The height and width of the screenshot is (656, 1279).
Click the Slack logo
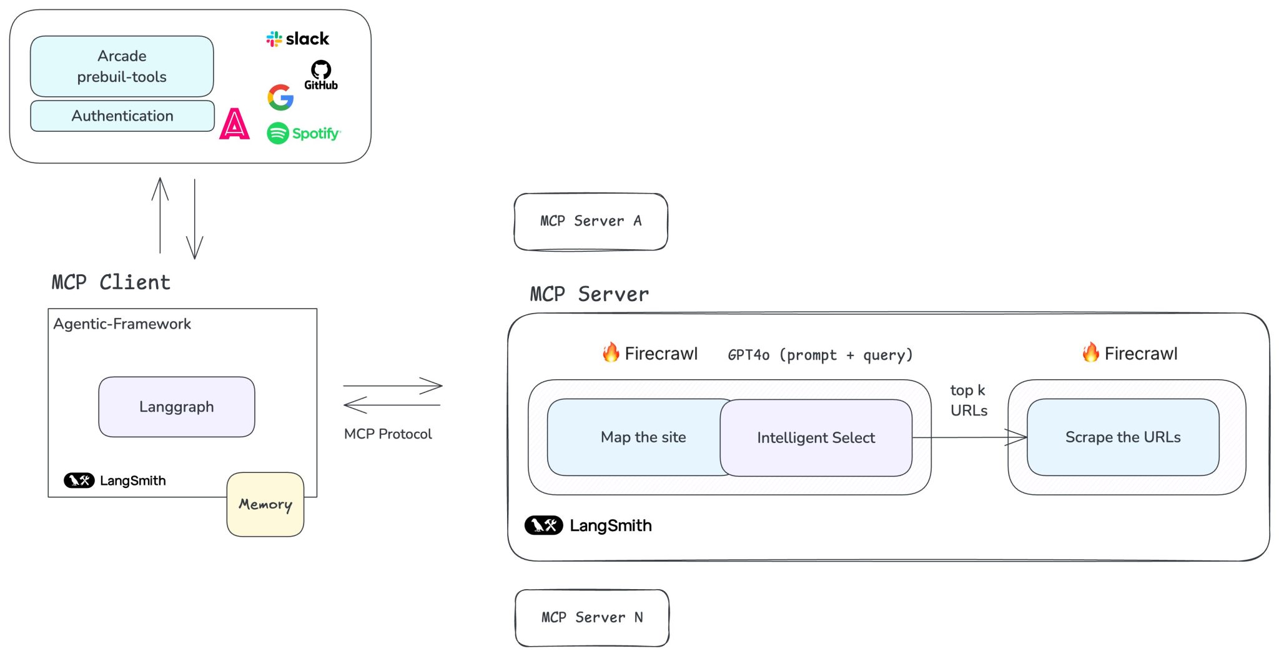[297, 39]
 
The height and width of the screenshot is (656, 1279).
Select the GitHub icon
[321, 75]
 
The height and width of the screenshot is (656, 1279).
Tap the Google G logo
[280, 97]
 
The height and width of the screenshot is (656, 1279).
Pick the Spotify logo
[304, 133]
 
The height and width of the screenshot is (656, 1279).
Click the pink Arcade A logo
[234, 124]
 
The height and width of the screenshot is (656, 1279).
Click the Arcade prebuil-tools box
[122, 66]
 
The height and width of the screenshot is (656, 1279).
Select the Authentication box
[122, 116]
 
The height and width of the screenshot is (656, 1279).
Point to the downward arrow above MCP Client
[195, 219]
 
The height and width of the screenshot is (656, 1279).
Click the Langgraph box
[177, 407]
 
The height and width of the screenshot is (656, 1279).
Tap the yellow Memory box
[265, 504]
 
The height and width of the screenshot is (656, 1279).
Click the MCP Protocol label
[388, 434]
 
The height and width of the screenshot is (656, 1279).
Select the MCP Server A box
[591, 221]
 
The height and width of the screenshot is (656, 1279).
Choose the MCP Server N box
[592, 617]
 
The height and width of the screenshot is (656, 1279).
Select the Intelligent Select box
[816, 438]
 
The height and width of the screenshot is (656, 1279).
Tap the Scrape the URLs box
[1122, 437]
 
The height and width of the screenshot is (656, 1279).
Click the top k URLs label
[969, 400]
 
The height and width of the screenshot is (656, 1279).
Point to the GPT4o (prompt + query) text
[820, 355]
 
